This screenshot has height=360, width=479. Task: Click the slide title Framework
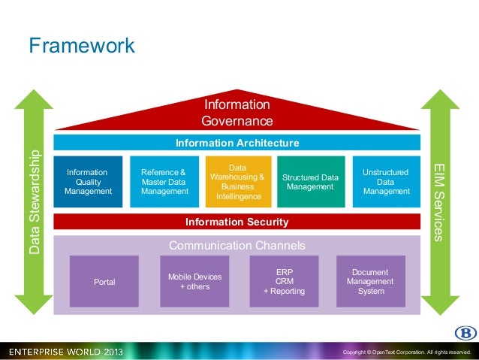click(82, 46)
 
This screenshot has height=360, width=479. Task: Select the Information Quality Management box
click(88, 182)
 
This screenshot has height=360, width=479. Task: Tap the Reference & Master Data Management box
click(164, 182)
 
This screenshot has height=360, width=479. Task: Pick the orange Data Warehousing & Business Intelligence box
click(237, 182)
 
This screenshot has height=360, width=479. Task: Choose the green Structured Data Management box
click(311, 182)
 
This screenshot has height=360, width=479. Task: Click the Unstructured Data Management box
click(386, 182)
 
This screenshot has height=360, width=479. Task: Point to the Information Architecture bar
click(237, 143)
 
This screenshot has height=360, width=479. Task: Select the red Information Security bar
click(237, 222)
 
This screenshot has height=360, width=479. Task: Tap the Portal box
click(104, 282)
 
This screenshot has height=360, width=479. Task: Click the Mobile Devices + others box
click(194, 282)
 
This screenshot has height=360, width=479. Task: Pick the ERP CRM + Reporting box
click(284, 282)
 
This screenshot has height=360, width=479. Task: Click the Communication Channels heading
click(237, 246)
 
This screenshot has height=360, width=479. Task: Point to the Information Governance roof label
click(237, 113)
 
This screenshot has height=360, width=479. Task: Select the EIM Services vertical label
click(441, 201)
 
